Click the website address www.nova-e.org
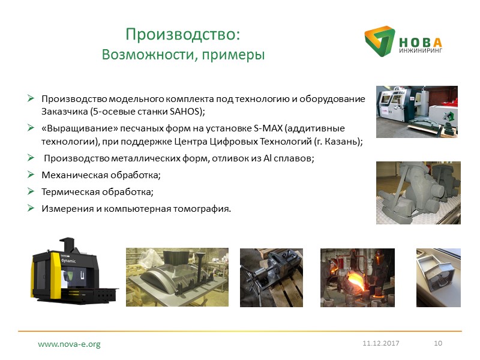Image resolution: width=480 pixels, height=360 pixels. [69, 344]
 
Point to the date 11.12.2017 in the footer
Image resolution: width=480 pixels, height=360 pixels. [380, 343]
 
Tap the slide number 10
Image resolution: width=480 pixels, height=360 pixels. [437, 343]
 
